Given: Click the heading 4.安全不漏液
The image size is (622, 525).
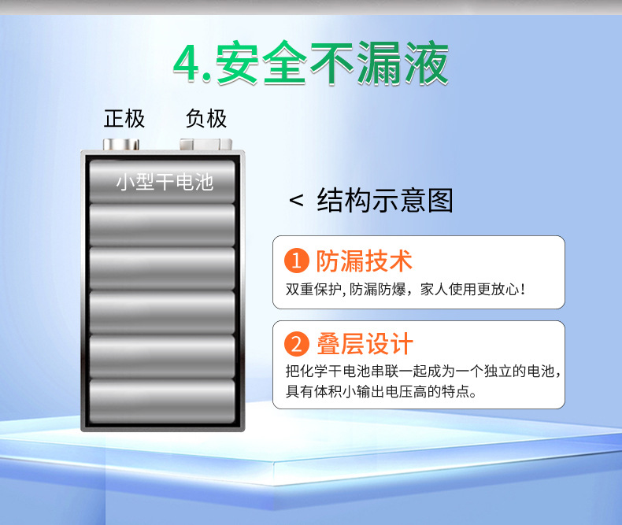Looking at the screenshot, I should [311, 64].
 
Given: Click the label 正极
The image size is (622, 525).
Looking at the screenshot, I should [124, 119].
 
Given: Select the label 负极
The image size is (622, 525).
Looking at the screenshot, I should [206, 119].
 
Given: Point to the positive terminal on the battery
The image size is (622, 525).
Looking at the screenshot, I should [122, 145].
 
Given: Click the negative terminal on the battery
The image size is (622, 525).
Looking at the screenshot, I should [206, 145].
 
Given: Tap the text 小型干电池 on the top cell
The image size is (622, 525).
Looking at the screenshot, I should [165, 183].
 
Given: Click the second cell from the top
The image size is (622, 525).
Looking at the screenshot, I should [163, 225].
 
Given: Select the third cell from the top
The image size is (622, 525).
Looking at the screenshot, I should [163, 268].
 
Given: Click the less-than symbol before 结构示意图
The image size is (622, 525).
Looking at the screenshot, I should [296, 201].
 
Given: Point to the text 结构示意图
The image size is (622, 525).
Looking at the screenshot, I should [385, 201].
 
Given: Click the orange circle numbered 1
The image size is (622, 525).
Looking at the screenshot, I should [296, 260].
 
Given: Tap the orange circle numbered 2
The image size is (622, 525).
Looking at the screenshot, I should [296, 345].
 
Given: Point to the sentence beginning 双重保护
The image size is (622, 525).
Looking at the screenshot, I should [405, 290].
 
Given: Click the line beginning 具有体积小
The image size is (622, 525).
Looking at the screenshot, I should [380, 391].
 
